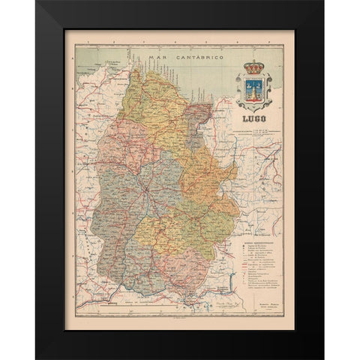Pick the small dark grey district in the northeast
199,113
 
